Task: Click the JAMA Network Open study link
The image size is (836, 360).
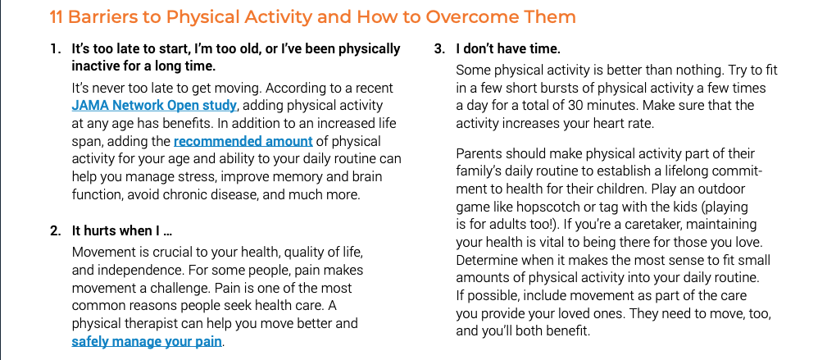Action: pyautogui.click(x=154, y=106)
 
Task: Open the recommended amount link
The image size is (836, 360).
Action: pyautogui.click(x=243, y=141)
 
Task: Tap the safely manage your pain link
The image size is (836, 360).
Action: pyautogui.click(x=147, y=341)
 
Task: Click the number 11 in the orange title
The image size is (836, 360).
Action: pyautogui.click(x=57, y=17)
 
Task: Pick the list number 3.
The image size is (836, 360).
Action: pyautogui.click(x=438, y=49)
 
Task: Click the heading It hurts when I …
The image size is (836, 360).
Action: pyautogui.click(x=122, y=231)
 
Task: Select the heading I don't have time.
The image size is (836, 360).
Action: pyautogui.click(x=508, y=49)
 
